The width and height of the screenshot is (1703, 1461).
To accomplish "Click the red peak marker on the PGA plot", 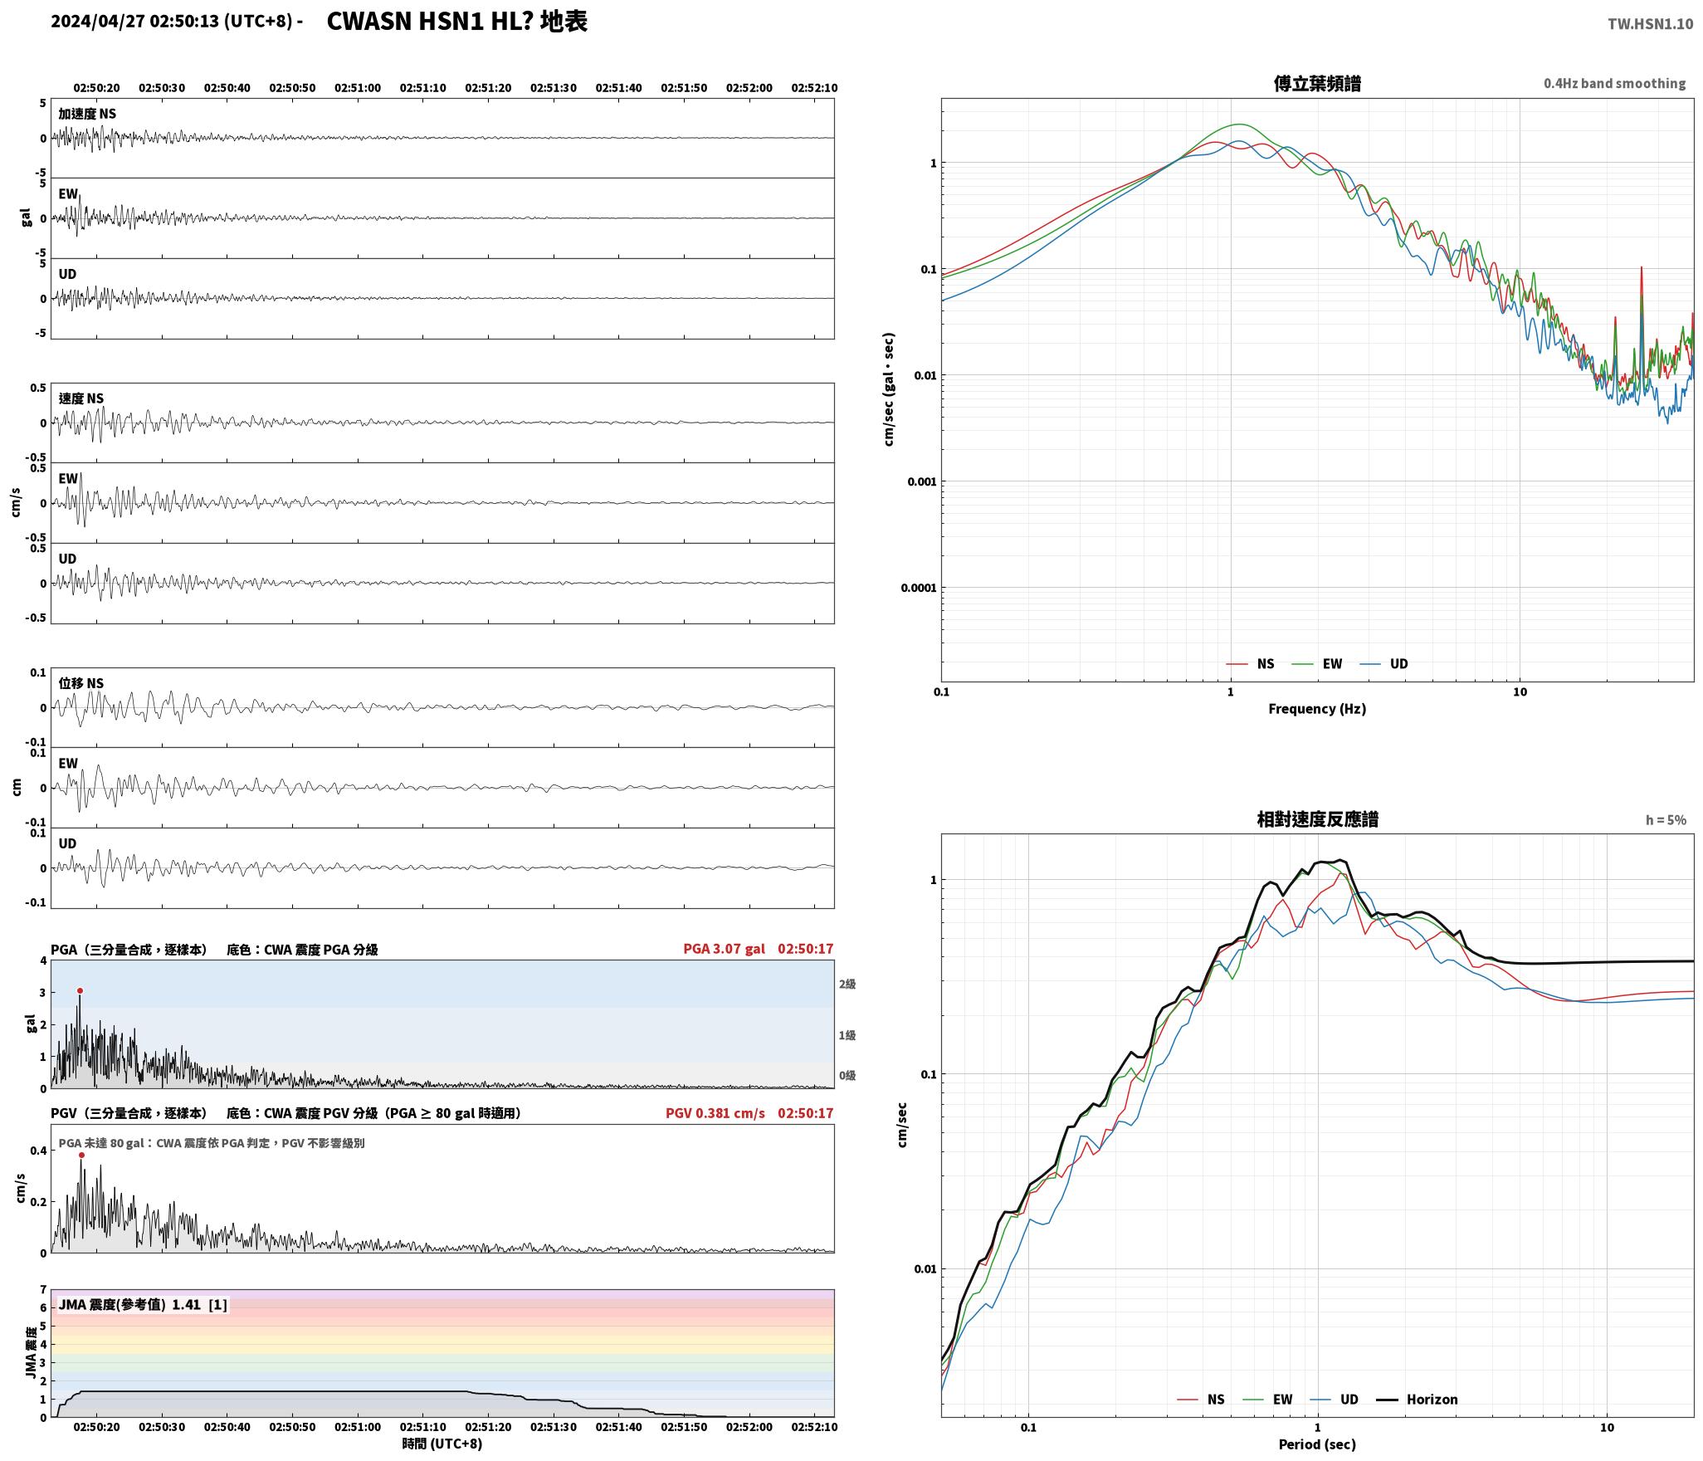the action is [x=80, y=990].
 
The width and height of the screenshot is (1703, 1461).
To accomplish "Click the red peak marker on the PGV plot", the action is [x=81, y=1155].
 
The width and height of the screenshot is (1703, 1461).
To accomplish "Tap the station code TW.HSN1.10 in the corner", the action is [x=1650, y=24].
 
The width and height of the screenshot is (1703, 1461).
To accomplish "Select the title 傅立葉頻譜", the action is [x=1317, y=83].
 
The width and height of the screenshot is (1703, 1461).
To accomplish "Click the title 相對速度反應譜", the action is [x=1317, y=819].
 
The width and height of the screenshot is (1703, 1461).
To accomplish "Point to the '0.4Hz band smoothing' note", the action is [x=1614, y=84].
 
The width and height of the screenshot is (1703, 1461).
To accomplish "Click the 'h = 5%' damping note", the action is [x=1666, y=820].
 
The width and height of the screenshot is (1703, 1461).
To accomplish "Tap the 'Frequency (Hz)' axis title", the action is [x=1317, y=708].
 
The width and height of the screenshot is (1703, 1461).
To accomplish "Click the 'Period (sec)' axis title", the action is [x=1317, y=1444].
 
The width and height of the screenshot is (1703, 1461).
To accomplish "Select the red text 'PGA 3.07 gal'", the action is [x=724, y=949].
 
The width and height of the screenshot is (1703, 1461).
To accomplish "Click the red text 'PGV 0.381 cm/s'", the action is [x=715, y=1113].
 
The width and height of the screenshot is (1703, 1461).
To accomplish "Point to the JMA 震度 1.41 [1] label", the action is [x=143, y=1304].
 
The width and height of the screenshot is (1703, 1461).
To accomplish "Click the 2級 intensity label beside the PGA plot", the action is [x=847, y=984].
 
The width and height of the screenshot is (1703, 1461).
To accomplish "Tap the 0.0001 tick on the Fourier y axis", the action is [x=918, y=588].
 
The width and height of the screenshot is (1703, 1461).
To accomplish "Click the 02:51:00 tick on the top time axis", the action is [x=358, y=87].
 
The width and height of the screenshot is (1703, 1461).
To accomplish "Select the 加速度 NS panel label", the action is [x=87, y=114].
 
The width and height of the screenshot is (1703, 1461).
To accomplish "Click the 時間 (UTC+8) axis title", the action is [x=442, y=1444].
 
